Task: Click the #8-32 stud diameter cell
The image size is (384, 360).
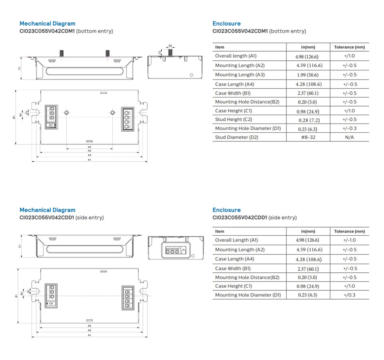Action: pos(308,137)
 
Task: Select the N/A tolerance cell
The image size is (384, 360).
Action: pos(349,137)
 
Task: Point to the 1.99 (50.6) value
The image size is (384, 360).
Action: pos(308,75)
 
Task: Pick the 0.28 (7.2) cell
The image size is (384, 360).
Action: pos(308,120)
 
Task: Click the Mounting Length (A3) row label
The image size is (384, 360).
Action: pos(240,75)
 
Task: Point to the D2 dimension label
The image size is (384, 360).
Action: pos(170,46)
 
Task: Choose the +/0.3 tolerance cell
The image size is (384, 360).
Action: pos(349,295)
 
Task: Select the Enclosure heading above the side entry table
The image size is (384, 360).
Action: pos(226,210)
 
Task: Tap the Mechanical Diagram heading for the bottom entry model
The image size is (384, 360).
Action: pos(47,24)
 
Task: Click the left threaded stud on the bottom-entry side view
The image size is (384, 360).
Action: pos(62,53)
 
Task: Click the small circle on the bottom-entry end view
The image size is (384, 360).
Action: pos(192,75)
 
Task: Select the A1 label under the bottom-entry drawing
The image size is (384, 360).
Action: pos(90,160)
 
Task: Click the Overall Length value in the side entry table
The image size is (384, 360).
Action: pos(308,240)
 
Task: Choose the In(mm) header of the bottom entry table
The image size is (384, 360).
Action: pos(308,47)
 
